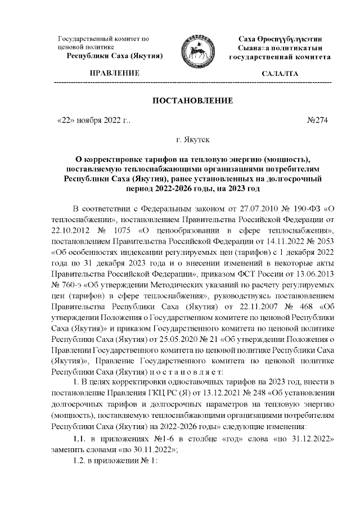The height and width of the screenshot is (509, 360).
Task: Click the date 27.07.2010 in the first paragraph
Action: (x=251, y=211)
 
